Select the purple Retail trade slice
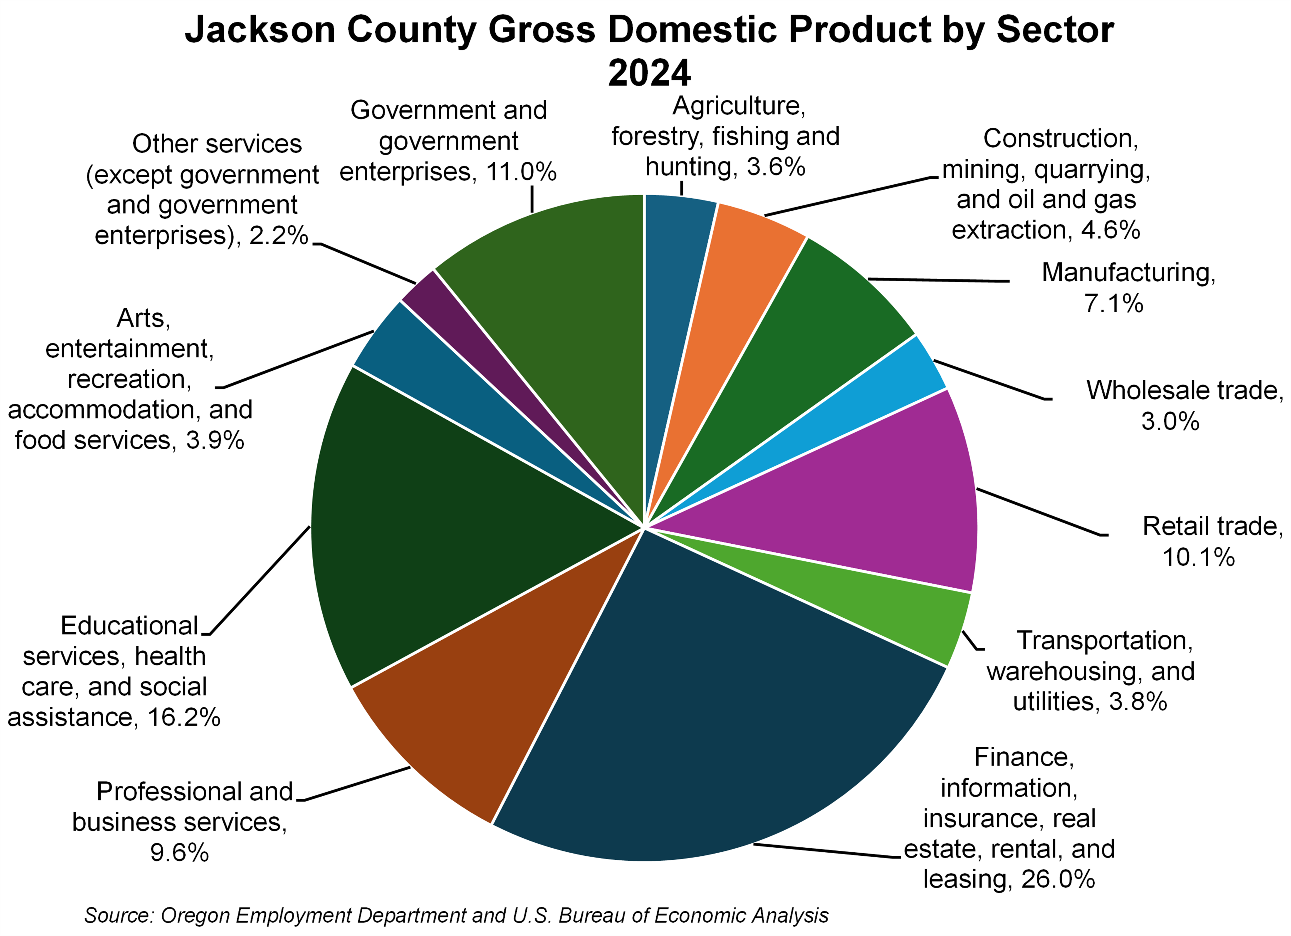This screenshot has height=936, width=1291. [865, 501]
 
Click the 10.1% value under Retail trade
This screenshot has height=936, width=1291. [1198, 557]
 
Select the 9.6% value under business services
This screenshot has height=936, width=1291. [179, 852]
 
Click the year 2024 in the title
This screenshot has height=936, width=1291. [649, 73]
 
